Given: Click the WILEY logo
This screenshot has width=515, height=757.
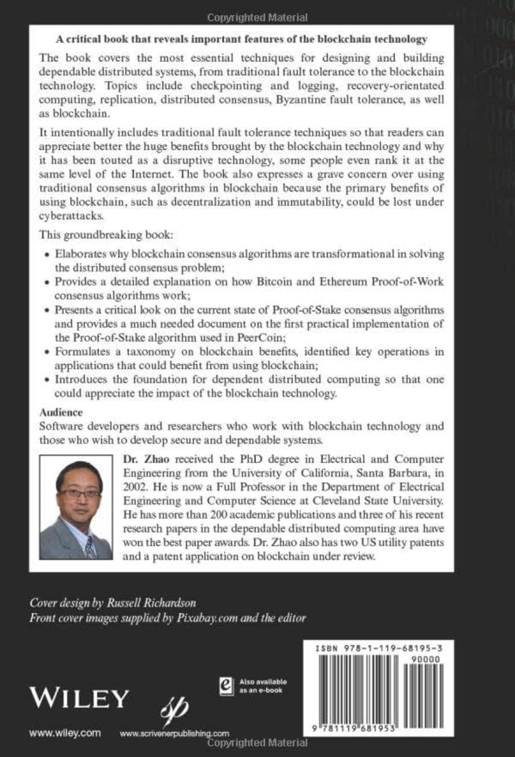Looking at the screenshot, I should click(79, 698).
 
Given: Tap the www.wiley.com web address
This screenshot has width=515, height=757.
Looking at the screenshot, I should click(65, 733).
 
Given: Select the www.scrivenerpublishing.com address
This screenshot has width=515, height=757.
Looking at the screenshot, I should click(174, 733).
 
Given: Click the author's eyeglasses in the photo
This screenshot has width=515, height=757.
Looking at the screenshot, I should click(80, 494).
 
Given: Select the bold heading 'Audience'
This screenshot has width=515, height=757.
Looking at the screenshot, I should click(61, 412).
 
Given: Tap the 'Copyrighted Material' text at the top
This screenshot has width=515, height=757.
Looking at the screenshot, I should click(257, 18).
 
